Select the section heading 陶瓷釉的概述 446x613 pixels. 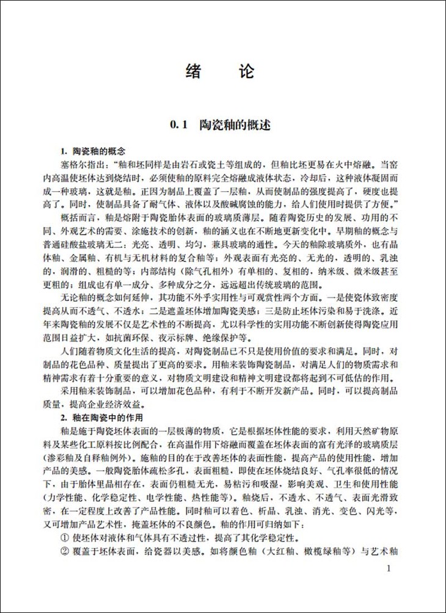235,126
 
